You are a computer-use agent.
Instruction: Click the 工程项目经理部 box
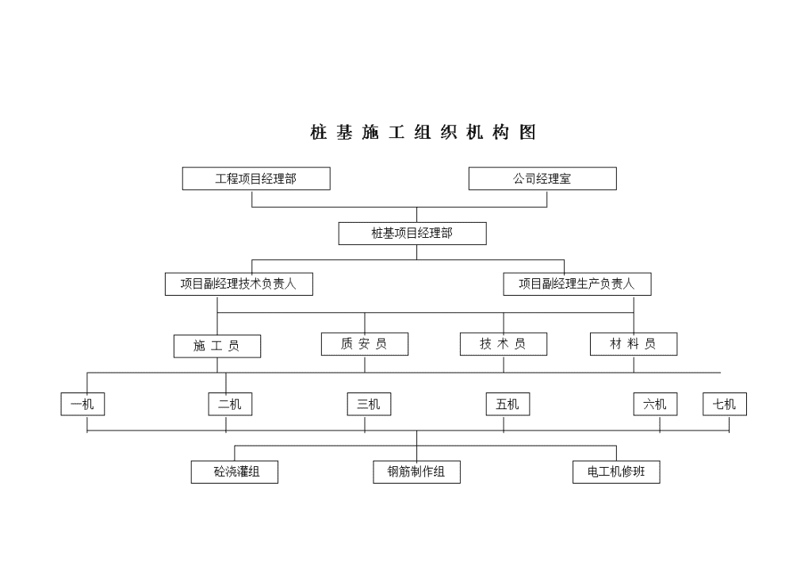(256, 178)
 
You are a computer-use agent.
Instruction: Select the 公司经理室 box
(542, 178)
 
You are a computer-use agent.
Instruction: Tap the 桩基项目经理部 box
(412, 233)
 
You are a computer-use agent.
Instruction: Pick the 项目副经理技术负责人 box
(239, 284)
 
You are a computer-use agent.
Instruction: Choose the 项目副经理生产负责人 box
(577, 284)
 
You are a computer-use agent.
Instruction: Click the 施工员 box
(217, 346)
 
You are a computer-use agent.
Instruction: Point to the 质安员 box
(365, 344)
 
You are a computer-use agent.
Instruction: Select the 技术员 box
(504, 344)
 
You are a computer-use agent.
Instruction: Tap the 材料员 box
(634, 344)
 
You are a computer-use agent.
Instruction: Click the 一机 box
(82, 404)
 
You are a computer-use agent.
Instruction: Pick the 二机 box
(230, 404)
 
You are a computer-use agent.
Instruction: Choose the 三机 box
(369, 404)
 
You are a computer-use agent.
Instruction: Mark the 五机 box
(507, 404)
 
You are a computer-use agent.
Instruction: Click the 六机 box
(655, 404)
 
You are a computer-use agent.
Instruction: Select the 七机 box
(725, 404)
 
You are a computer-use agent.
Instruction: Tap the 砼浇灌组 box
(235, 472)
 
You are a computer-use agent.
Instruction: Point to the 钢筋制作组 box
(416, 472)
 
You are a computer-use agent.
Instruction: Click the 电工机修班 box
(616, 472)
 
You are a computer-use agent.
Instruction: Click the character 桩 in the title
(319, 132)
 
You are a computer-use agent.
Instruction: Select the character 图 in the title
(527, 132)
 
